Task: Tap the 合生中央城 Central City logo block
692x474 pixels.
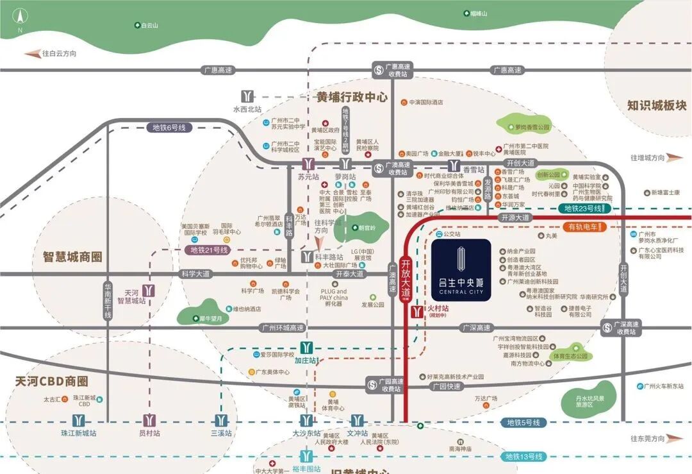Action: click(x=461, y=269)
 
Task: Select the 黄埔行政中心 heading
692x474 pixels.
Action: click(x=352, y=97)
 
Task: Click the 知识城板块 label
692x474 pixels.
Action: click(x=657, y=105)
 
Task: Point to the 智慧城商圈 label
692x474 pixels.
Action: click(x=73, y=257)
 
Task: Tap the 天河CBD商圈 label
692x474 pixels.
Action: click(x=52, y=382)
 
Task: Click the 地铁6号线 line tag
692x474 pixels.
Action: click(x=169, y=128)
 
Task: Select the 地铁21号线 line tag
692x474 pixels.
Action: click(x=209, y=250)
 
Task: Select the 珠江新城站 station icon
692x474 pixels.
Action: click(x=78, y=421)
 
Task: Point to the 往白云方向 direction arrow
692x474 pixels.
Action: click(x=32, y=54)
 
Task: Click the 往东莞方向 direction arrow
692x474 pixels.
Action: click(x=675, y=439)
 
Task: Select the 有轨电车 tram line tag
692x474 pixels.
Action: click(x=582, y=227)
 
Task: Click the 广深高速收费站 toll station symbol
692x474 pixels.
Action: click(x=607, y=327)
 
